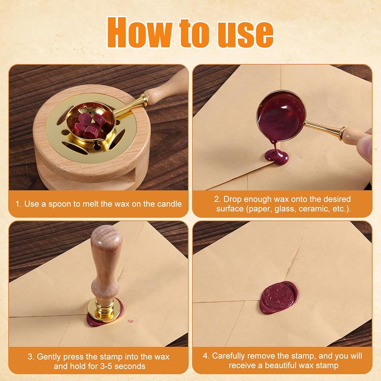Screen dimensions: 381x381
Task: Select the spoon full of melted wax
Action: [281, 116]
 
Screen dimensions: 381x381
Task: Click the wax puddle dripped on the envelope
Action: [277, 157]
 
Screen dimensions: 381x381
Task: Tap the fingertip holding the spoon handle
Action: [366, 149]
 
